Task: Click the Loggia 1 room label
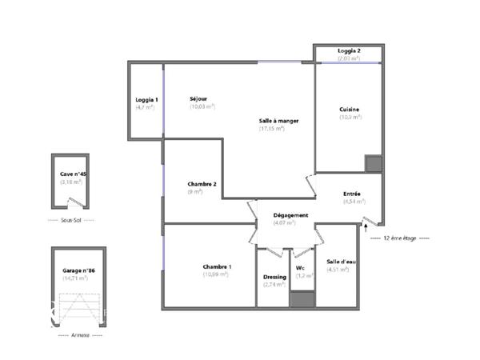(x=146, y=99)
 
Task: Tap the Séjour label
(x=198, y=99)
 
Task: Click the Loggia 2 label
(x=349, y=50)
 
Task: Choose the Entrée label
(x=352, y=194)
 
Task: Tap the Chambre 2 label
(x=202, y=184)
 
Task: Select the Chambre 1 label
(x=217, y=266)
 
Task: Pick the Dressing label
(x=274, y=278)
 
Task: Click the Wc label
(x=301, y=267)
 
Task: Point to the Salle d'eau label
(x=338, y=262)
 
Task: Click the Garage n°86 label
(x=78, y=271)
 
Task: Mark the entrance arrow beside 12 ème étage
(x=367, y=229)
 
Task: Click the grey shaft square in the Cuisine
(x=374, y=163)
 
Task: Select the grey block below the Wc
(x=302, y=300)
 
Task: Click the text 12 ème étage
(x=400, y=238)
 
